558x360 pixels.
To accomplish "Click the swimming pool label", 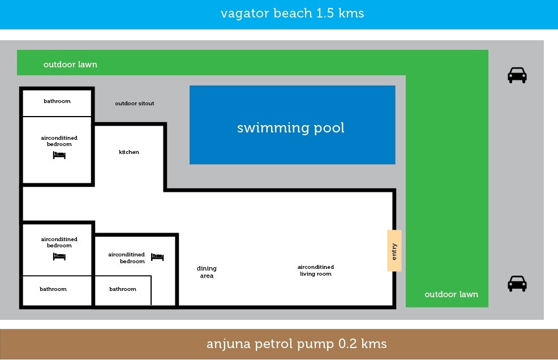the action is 291,128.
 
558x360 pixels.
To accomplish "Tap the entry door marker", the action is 394,251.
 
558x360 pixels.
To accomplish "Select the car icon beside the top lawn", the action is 517,75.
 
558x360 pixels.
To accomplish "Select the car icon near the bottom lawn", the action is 517,284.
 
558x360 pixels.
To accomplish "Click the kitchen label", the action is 129,152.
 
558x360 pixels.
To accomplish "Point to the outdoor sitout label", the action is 135,104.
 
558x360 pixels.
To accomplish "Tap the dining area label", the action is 207,272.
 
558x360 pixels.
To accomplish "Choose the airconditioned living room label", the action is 316,270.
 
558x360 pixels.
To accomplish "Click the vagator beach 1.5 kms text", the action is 292,14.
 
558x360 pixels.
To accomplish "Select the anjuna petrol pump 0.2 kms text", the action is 297,344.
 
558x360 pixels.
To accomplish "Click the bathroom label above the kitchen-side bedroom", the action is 57,101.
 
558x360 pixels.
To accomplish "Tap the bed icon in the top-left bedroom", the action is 59,155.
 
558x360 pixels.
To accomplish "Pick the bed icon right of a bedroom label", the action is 157,257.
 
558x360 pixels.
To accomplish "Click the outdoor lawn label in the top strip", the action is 70,65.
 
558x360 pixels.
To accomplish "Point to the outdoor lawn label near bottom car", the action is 451,294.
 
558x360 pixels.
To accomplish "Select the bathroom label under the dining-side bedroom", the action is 123,289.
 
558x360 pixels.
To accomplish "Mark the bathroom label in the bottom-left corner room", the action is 53,289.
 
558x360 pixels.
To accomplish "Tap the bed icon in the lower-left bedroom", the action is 59,256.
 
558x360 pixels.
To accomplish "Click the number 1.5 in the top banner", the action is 325,13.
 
